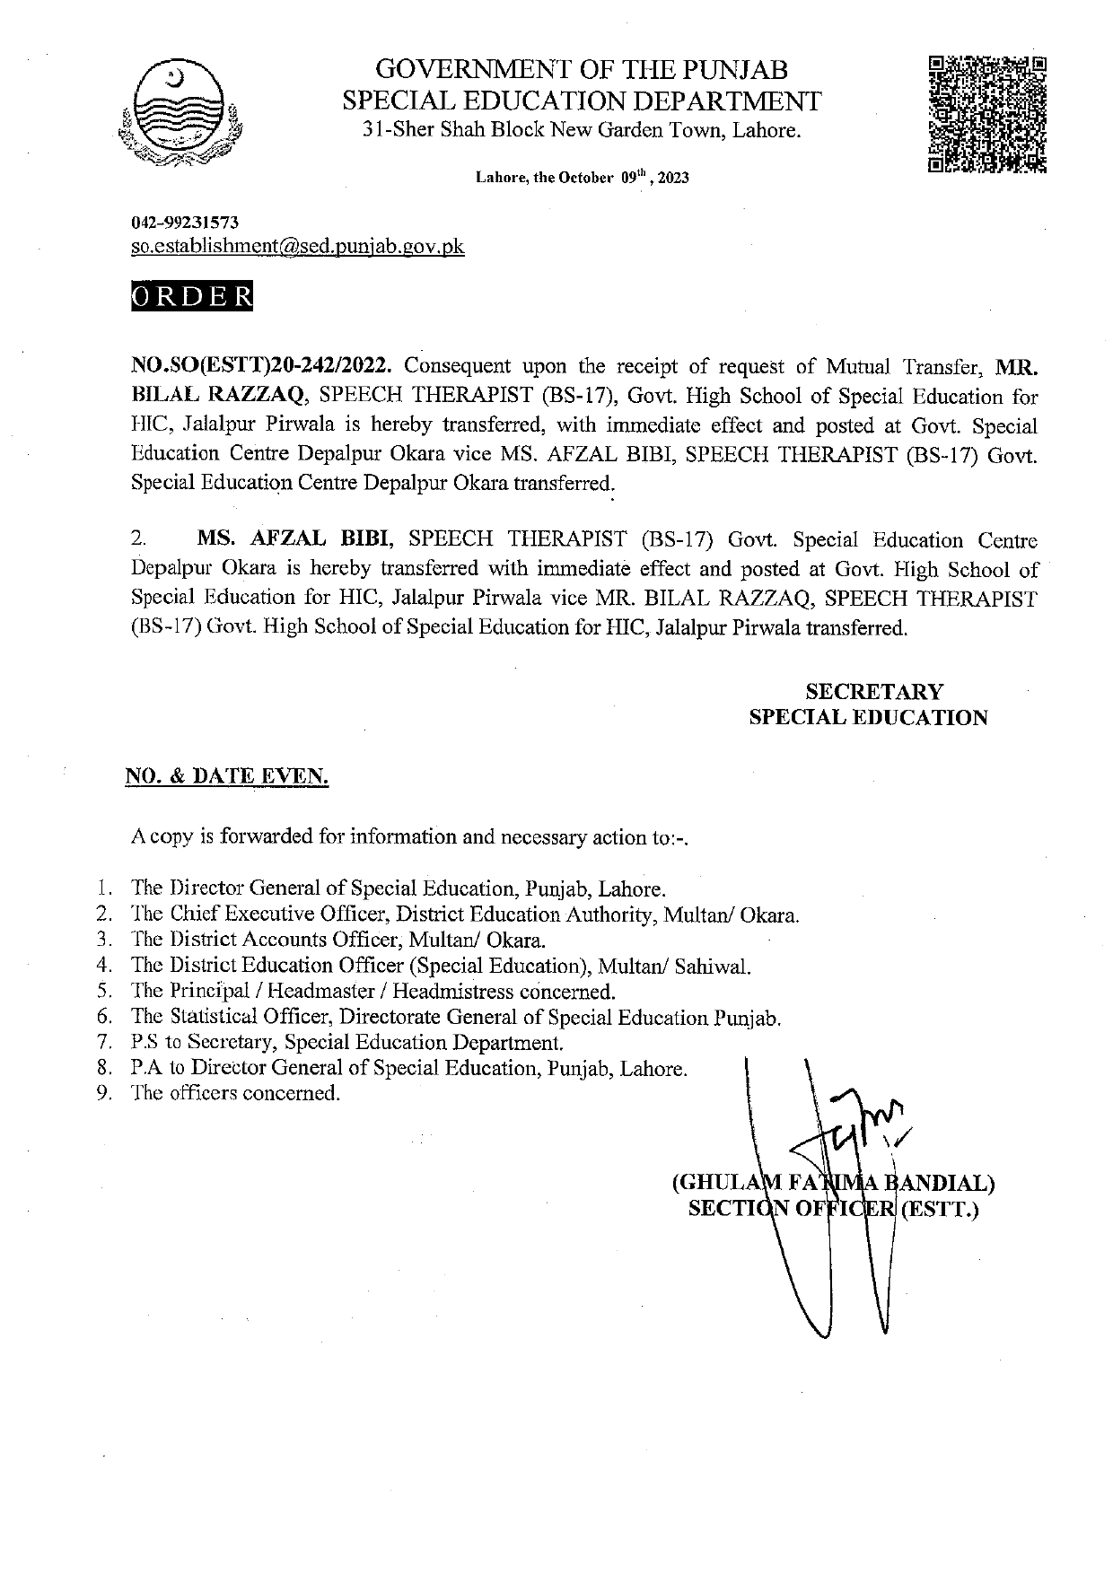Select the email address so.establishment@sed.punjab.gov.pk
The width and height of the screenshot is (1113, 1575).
pos(298,246)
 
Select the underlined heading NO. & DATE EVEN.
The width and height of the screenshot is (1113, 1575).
pos(226,777)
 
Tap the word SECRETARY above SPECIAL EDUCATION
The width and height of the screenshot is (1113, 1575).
pos(873,692)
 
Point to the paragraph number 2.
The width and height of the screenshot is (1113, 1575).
pos(137,540)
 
